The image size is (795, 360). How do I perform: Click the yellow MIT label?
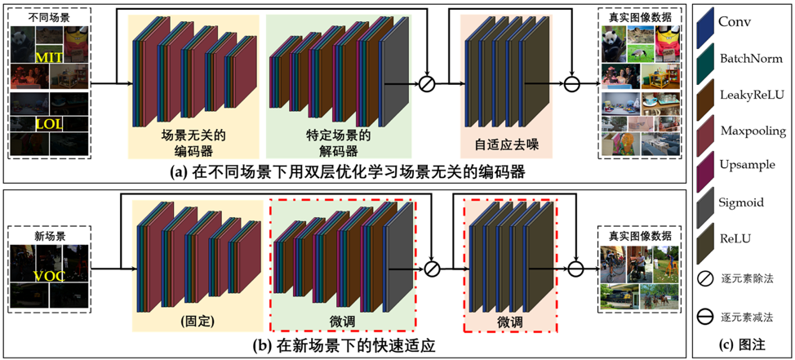[x=50, y=59]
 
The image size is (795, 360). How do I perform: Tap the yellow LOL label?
[x=49, y=124]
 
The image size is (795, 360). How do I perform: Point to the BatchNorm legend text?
[x=751, y=59]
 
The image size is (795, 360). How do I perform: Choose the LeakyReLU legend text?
[x=751, y=95]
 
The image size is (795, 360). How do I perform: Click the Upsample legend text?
[x=748, y=167]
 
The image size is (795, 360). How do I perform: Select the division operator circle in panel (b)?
[x=433, y=267]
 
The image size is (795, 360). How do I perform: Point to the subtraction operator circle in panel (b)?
[x=576, y=267]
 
